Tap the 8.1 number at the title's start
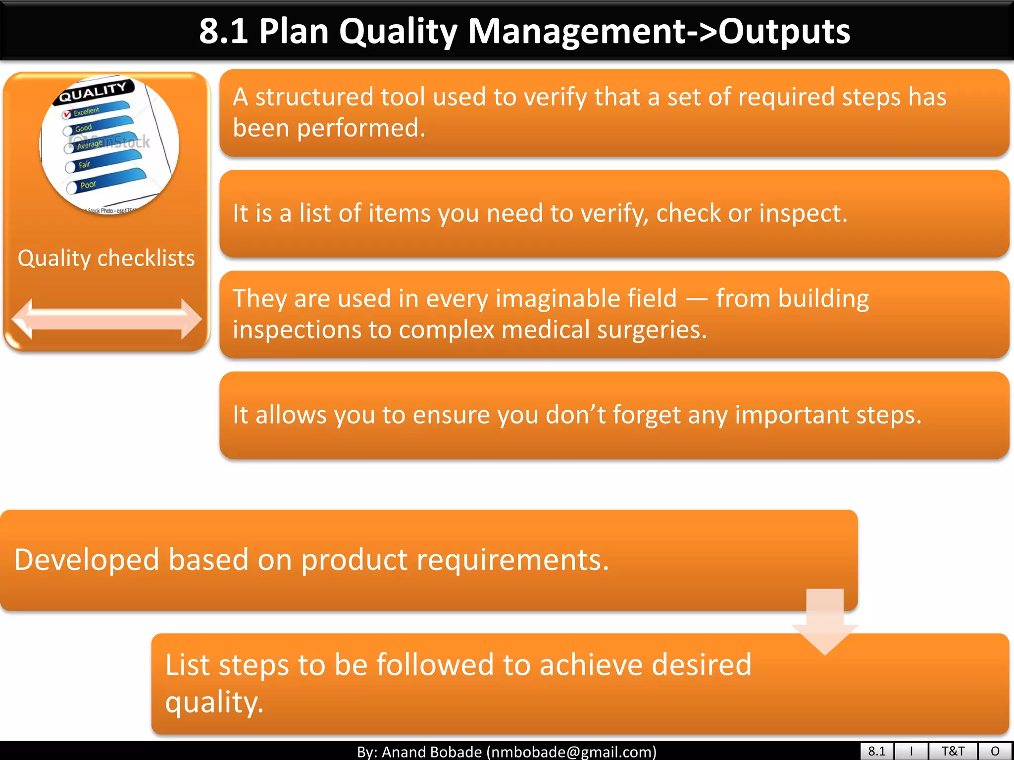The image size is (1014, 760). pyautogui.click(x=223, y=31)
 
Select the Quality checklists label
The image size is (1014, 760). pyautogui.click(x=106, y=258)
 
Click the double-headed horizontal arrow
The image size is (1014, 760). pyautogui.click(x=106, y=319)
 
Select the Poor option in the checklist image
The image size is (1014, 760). pyautogui.click(x=88, y=185)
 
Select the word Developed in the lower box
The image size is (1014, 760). pyautogui.click(x=87, y=560)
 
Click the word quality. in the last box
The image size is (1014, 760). pyautogui.click(x=214, y=702)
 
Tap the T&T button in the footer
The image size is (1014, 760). pyautogui.click(x=953, y=751)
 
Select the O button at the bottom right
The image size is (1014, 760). pyautogui.click(x=995, y=751)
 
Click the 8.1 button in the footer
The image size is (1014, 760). pyautogui.click(x=876, y=751)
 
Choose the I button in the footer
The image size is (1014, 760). pyautogui.click(x=911, y=751)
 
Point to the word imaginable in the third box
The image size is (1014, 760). pyautogui.click(x=586, y=299)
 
